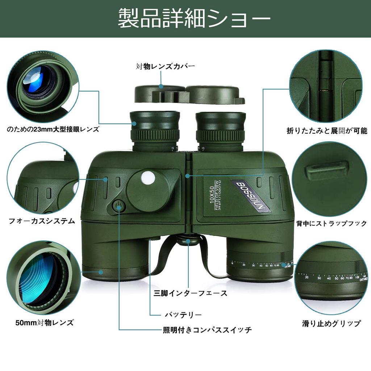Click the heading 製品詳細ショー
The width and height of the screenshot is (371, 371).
click(194, 19)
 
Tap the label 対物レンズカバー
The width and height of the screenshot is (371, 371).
click(165, 67)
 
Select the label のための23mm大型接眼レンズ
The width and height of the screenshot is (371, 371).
click(53, 129)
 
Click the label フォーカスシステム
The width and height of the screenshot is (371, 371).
click(42, 221)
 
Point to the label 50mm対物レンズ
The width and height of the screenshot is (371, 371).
click(45, 322)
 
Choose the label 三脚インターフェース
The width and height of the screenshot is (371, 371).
click(191, 293)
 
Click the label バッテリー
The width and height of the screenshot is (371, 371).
click(183, 314)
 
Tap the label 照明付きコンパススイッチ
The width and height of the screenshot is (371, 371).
click(207, 330)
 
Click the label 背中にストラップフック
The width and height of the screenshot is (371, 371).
click(331, 224)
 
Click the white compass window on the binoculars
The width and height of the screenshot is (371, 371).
click(148, 178)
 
